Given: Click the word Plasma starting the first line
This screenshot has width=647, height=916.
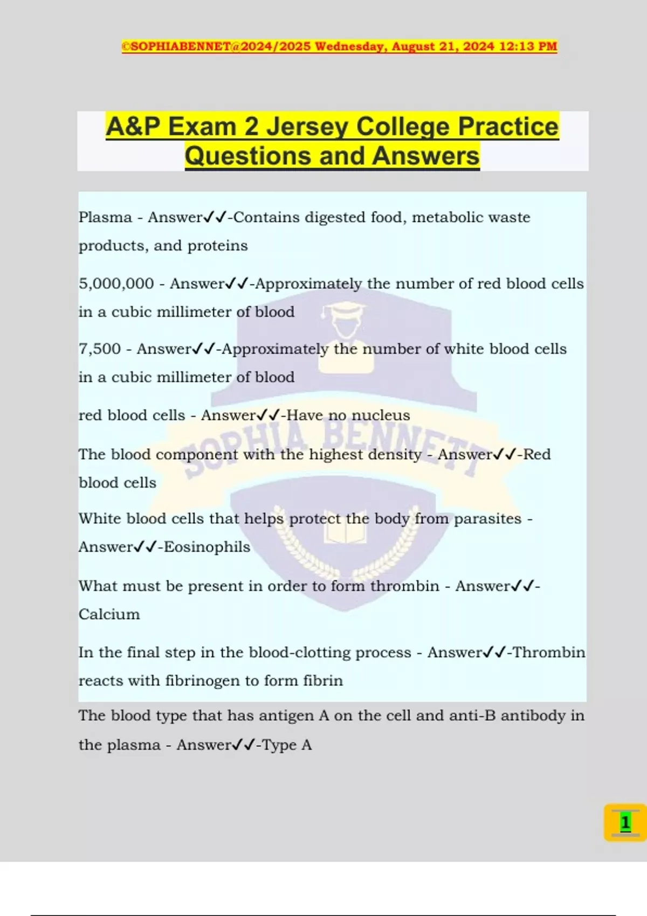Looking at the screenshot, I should (x=105, y=217).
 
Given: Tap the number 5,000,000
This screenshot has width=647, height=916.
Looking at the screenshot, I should (x=116, y=283).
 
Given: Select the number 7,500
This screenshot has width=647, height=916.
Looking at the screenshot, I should (x=100, y=349).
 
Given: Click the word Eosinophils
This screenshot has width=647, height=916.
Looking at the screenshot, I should (x=207, y=547).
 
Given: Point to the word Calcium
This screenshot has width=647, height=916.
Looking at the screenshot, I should (x=109, y=614).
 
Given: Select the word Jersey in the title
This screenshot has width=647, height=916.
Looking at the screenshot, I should (x=308, y=127).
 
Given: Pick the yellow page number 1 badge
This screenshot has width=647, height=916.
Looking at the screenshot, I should (x=625, y=822).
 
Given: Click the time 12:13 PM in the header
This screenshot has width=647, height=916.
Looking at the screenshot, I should (x=528, y=46).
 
